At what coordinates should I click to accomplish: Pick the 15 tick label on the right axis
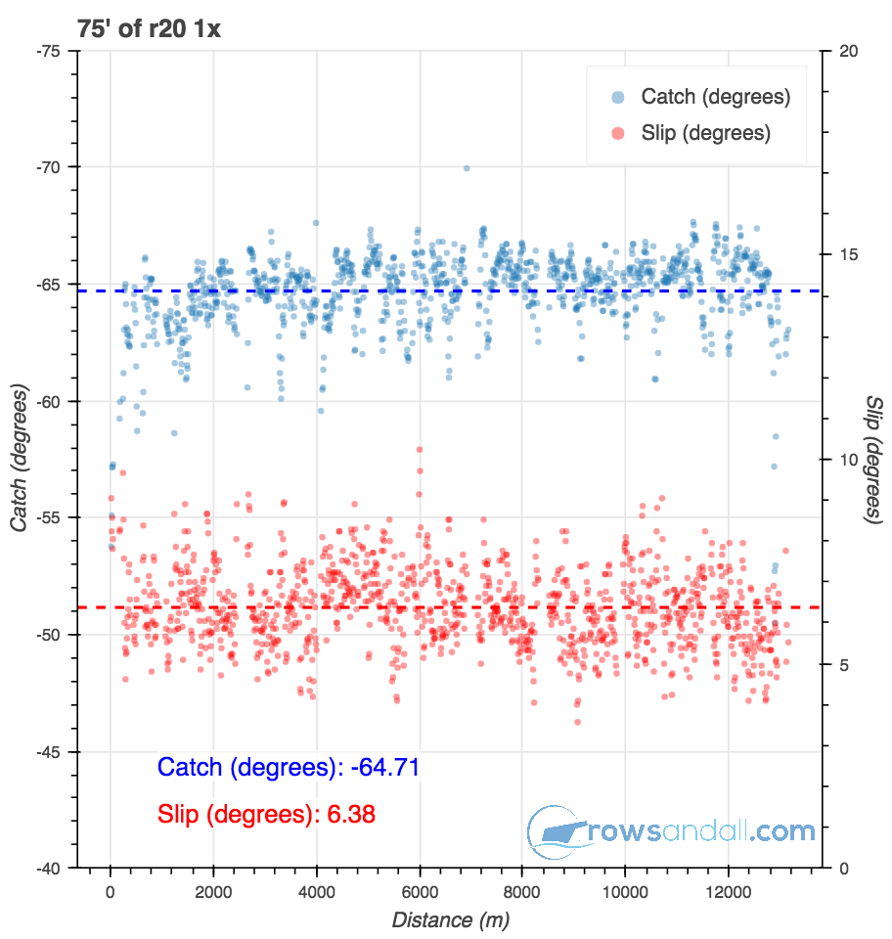847,255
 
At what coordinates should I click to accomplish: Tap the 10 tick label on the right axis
847,460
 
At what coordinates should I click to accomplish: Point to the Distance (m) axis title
450,920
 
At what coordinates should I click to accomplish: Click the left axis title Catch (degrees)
19,460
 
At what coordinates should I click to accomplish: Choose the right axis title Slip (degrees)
873,460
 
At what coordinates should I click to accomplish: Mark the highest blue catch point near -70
467,168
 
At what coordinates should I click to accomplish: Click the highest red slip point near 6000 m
420,450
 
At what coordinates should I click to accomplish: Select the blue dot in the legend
618,97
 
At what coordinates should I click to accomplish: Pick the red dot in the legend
618,133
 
